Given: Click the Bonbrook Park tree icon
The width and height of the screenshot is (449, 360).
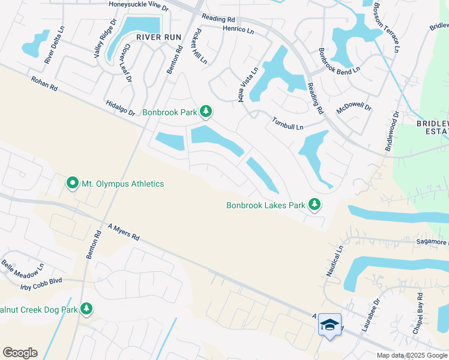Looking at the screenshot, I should pyautogui.click(x=206, y=112).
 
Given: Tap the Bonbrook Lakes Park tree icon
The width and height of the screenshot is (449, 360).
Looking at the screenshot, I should pyautogui.click(x=313, y=205).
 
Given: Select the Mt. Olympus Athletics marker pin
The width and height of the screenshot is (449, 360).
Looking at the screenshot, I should pyautogui.click(x=73, y=183).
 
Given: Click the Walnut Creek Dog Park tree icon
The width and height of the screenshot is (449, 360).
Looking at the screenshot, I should pyautogui.click(x=87, y=309).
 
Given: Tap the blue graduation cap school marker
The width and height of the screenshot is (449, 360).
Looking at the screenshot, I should pyautogui.click(x=329, y=325).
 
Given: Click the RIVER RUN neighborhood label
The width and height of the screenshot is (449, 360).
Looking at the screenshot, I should pyautogui.click(x=158, y=37).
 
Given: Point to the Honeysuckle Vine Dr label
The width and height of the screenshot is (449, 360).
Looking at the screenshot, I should pyautogui.click(x=139, y=5).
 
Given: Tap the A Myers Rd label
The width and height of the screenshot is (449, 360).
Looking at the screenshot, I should pyautogui.click(x=123, y=232).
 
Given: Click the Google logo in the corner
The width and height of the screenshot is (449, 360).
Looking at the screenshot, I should pyautogui.click(x=20, y=353).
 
